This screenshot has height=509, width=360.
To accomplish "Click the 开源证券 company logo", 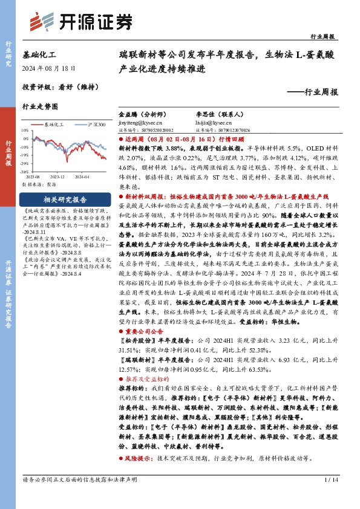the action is click(81, 22).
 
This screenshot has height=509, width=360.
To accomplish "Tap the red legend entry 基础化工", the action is click(54, 124).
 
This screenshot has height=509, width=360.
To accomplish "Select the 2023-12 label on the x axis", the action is click(57, 175).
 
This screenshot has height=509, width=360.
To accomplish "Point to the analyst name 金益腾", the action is click(128, 114).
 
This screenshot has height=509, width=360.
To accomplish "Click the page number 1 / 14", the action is click(330, 496).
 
